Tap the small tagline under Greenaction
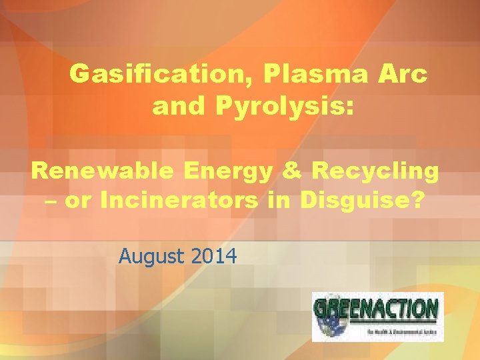tap(401, 331)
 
